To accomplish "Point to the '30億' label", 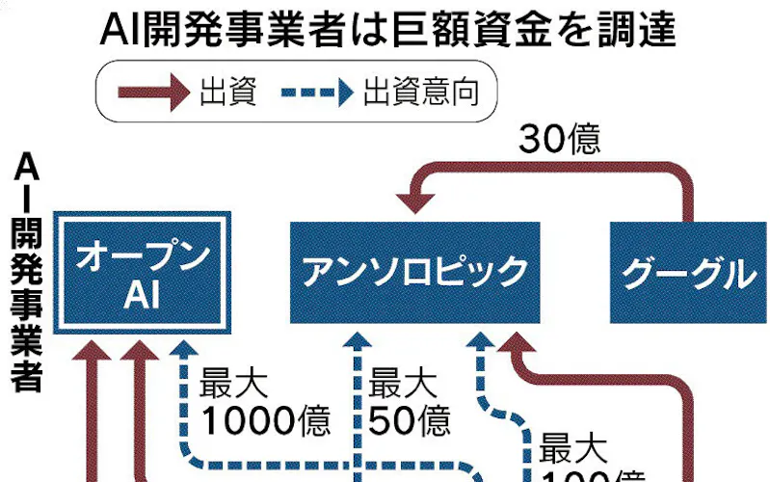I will (560, 141).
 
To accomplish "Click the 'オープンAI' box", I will (143, 273).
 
